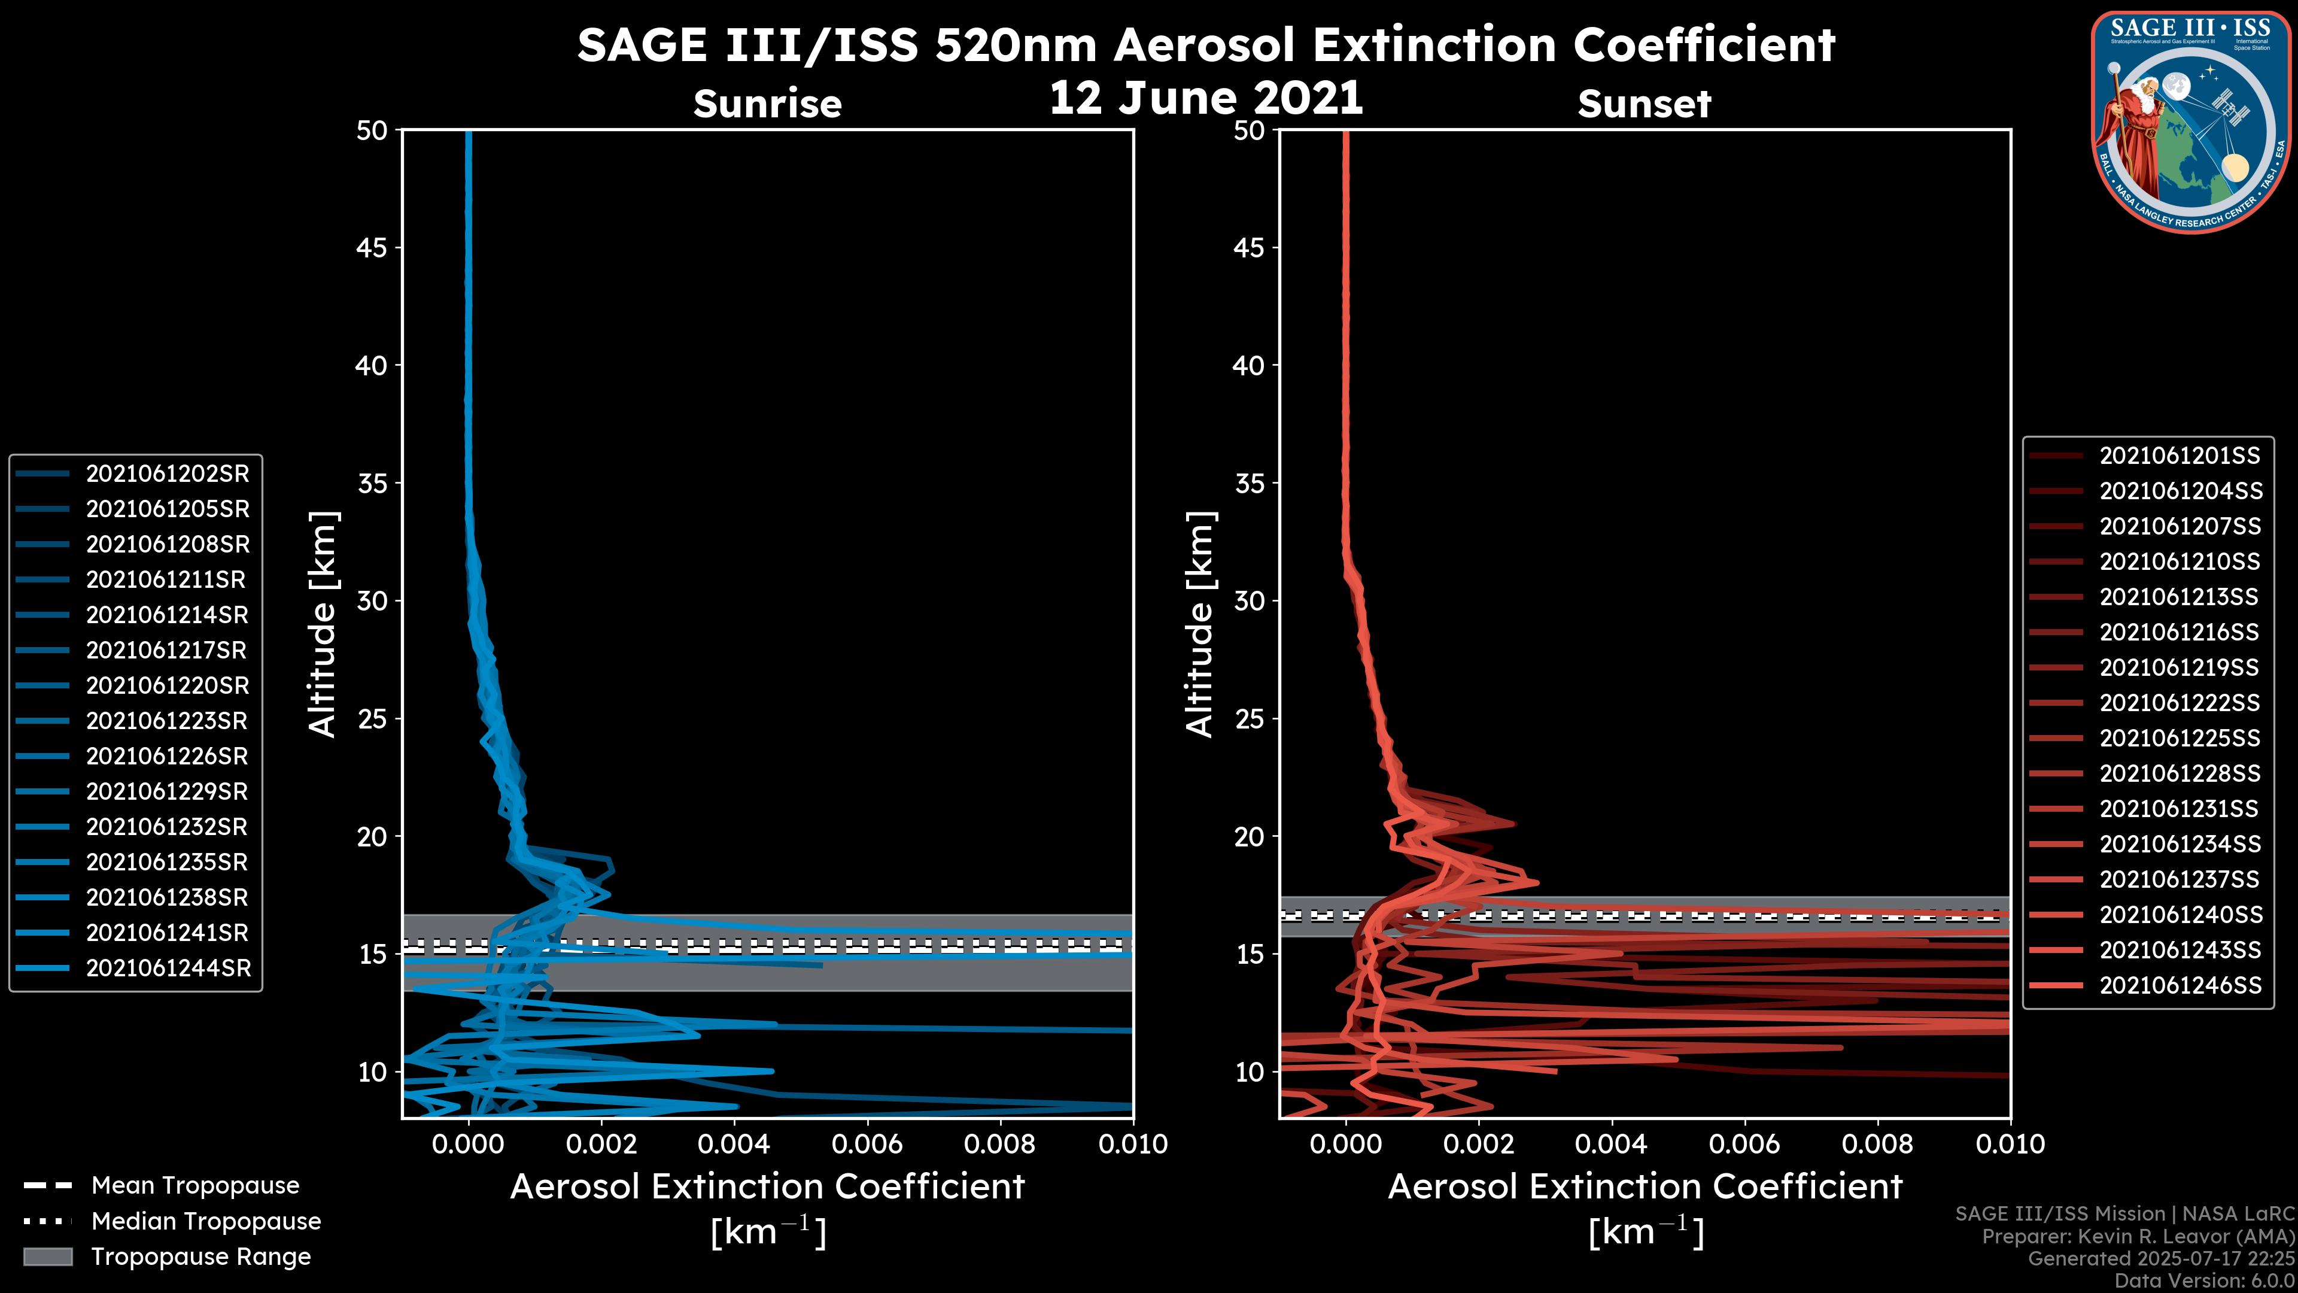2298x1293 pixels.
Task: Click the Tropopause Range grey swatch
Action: (x=48, y=1256)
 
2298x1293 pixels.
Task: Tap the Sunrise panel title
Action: (x=767, y=104)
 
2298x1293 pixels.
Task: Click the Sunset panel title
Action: (x=1643, y=104)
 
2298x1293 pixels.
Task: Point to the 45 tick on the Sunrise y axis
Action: (x=372, y=248)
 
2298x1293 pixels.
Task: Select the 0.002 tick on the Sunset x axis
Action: (x=1478, y=1144)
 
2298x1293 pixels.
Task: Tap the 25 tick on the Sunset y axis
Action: (x=1249, y=719)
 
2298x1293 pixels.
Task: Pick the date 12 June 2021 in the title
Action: (x=1205, y=98)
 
